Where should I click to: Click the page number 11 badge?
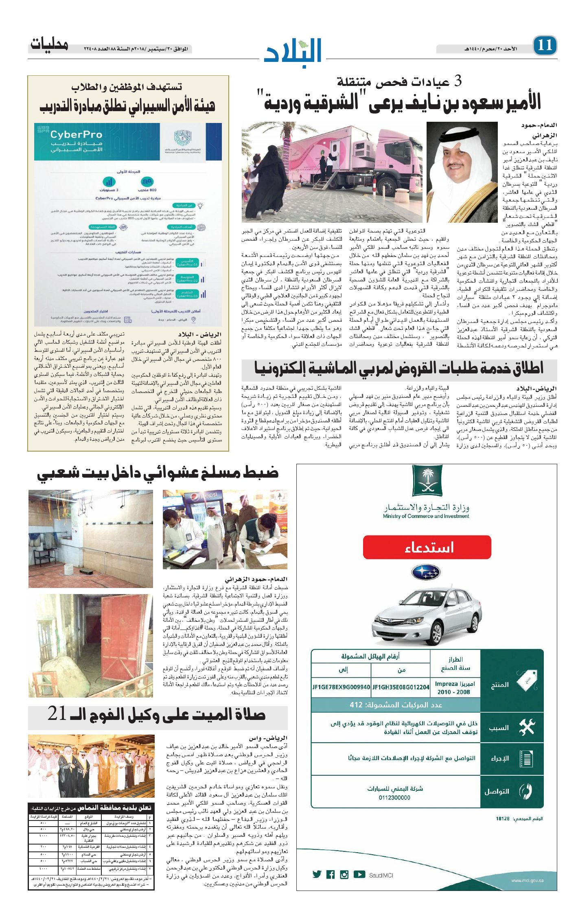point(545,45)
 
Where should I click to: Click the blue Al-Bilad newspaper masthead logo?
point(293,51)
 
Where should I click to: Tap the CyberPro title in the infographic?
point(76,134)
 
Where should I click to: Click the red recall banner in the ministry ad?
point(427,547)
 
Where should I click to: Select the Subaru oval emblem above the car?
point(426,572)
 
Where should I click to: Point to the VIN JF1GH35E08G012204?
point(401,687)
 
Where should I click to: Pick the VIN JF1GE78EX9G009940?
point(341,687)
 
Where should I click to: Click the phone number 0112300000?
point(394,798)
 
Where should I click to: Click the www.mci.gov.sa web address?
point(527,881)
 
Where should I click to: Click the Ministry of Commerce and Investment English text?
point(426,516)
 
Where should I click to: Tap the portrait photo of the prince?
point(462,172)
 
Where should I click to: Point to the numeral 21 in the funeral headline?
point(57,714)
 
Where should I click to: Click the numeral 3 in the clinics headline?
point(458,81)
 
